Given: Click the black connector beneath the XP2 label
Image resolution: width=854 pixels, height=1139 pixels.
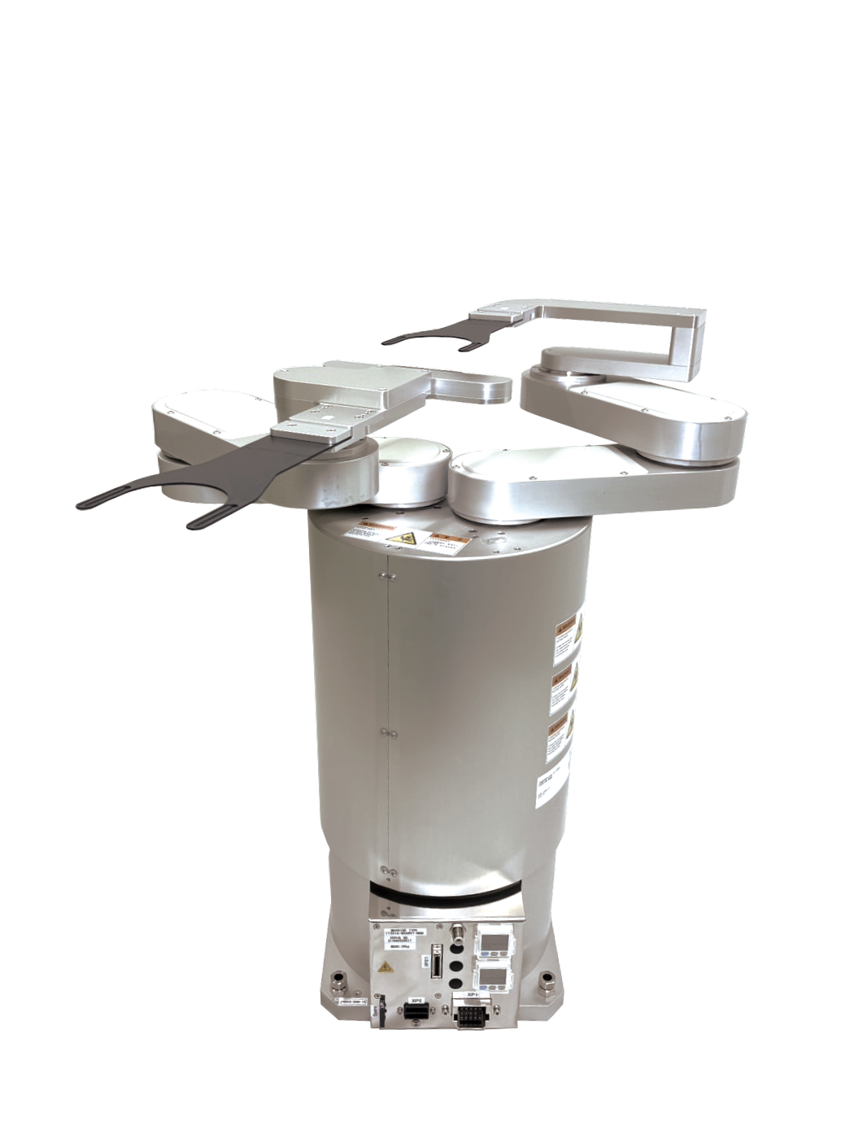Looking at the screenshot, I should coord(416,1011).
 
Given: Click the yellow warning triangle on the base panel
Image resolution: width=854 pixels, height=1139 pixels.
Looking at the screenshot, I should coord(386,967).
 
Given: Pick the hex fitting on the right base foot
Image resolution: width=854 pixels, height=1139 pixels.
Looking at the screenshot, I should coord(547,983).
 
